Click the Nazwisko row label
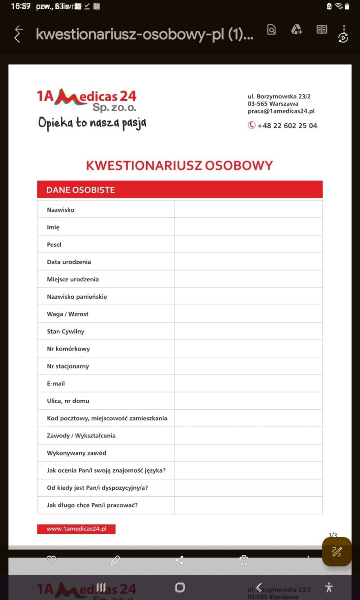coord(61,210)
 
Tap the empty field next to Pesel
coord(248,244)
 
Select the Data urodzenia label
coord(69,262)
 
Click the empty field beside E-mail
coord(248,383)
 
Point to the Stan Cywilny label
coord(66,331)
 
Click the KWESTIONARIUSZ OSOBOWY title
coord(180,165)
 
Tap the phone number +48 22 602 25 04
coord(287,126)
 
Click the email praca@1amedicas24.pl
coord(281,111)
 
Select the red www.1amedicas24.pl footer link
coord(76,529)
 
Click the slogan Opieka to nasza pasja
coord(92,122)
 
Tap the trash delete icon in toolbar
coord(243,560)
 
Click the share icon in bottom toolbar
coord(180,560)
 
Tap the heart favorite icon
coord(51,560)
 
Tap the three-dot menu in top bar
coord(344,28)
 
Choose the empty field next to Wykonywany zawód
coord(248,453)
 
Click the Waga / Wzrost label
coord(67,314)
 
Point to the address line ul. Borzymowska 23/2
coord(279,96)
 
